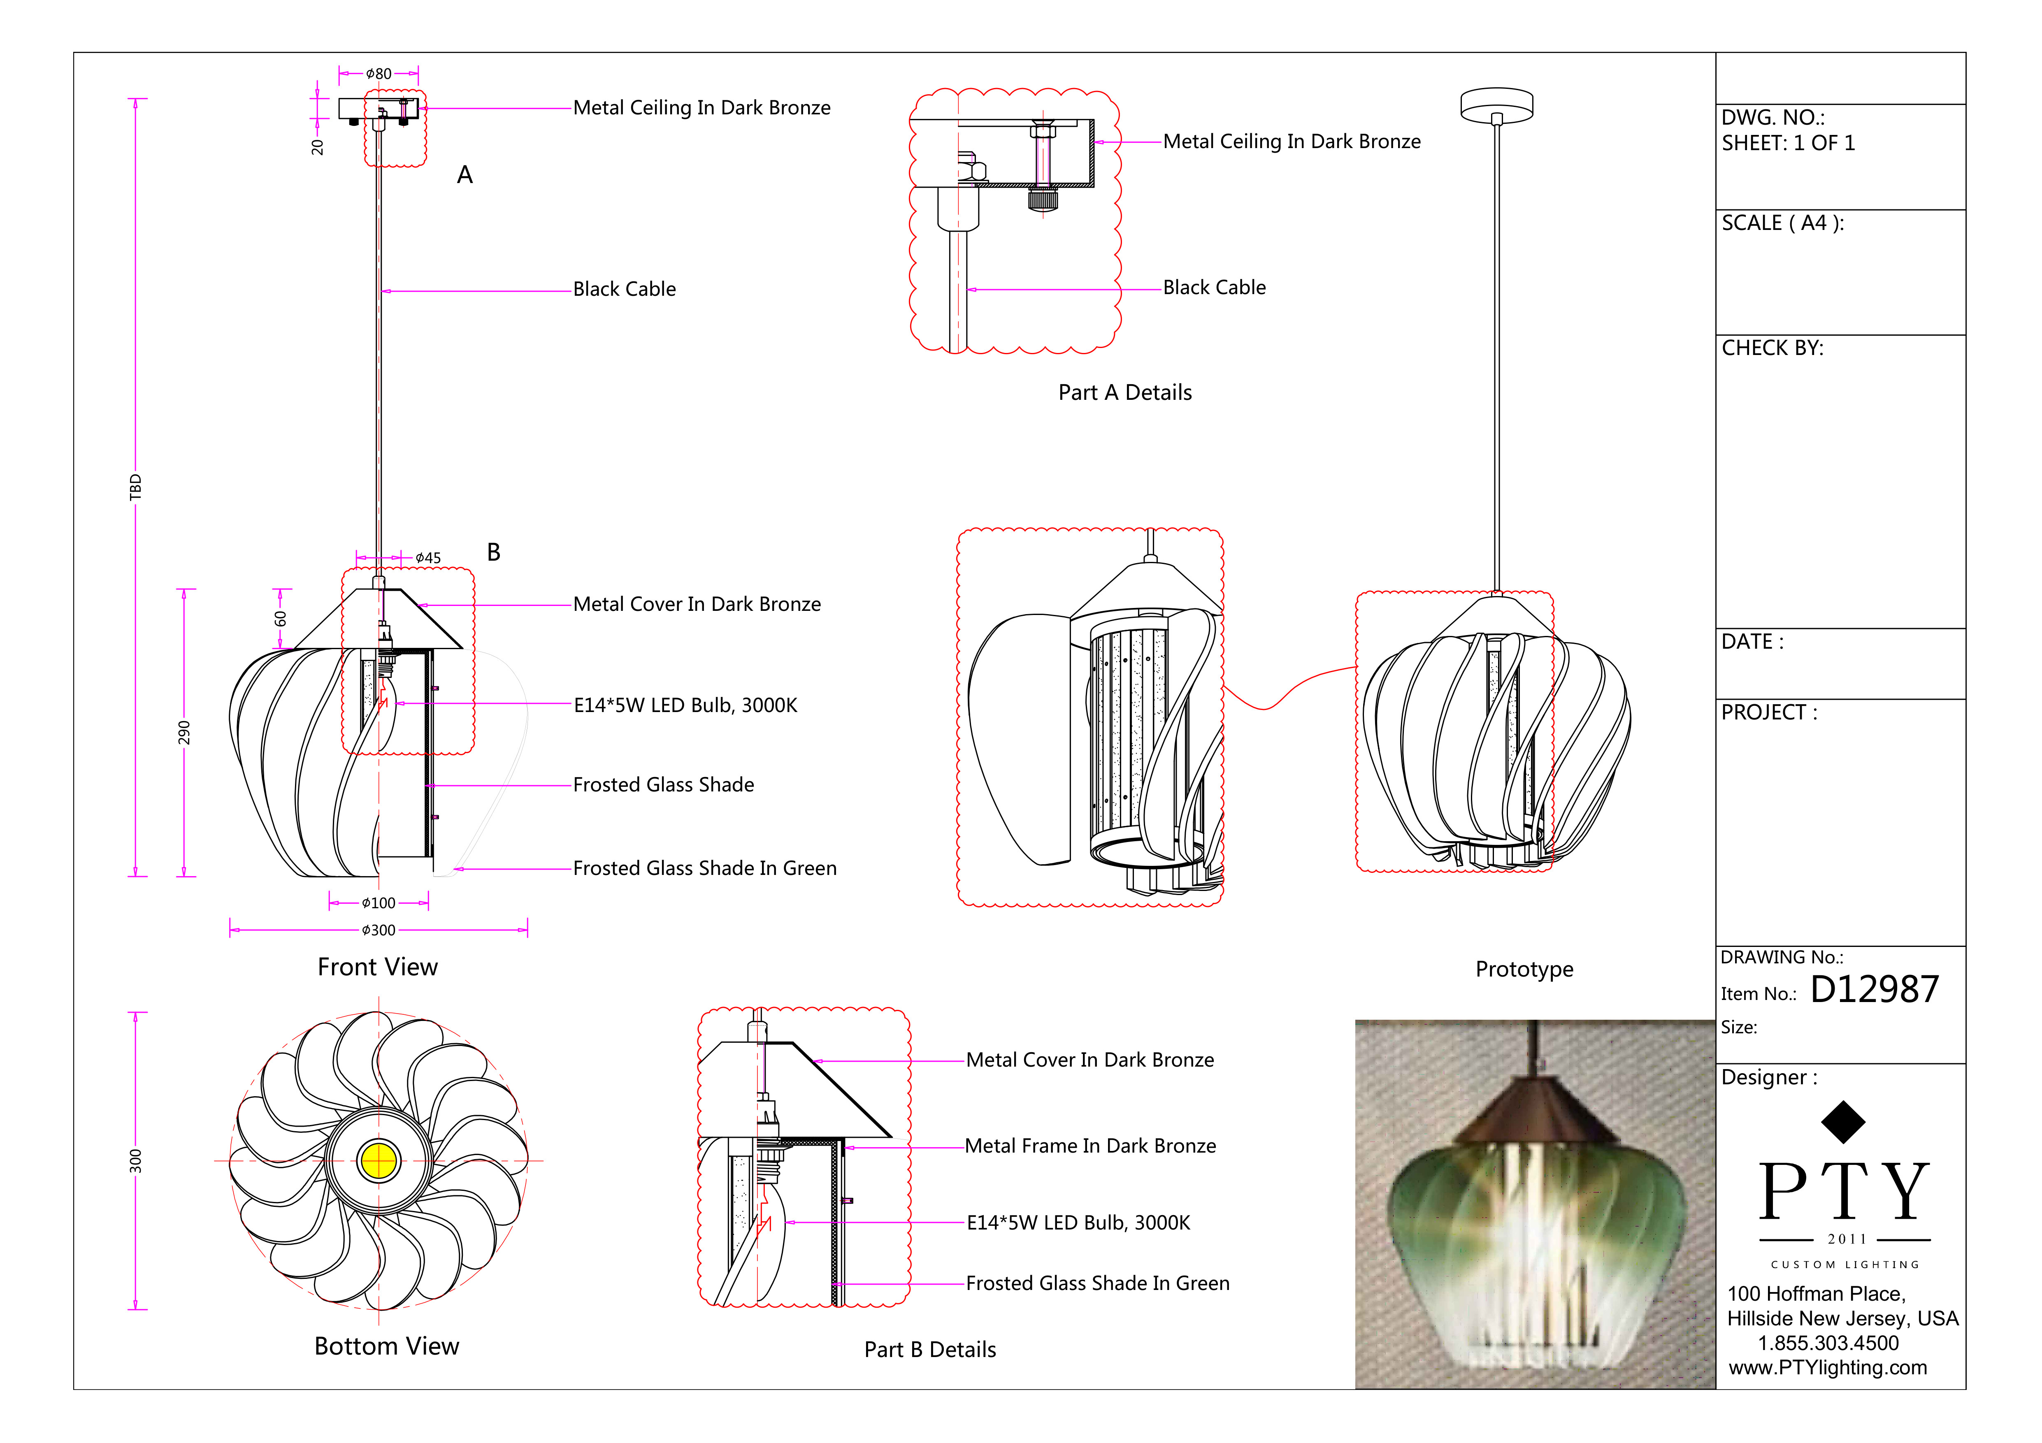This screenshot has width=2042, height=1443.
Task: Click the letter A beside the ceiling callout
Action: pos(464,175)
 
